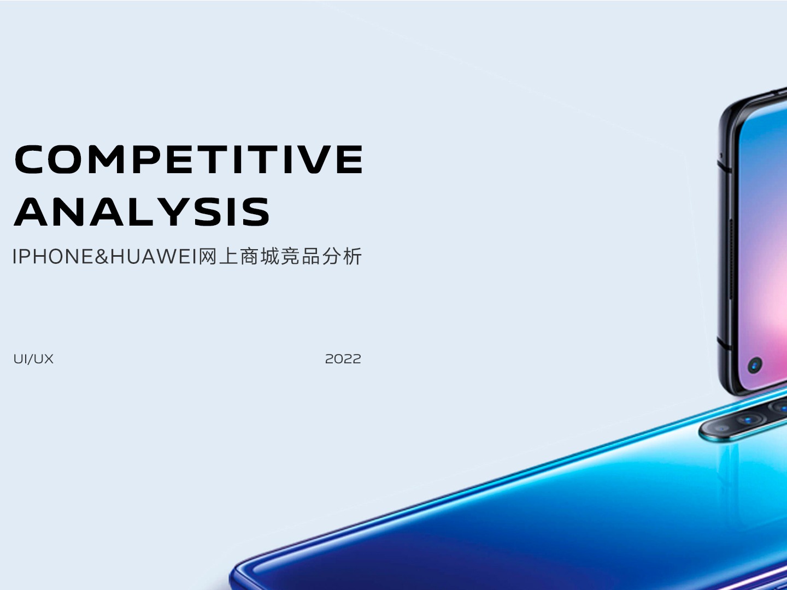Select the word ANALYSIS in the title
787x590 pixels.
(x=142, y=212)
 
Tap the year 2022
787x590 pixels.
(x=343, y=359)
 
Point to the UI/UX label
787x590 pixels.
(x=33, y=359)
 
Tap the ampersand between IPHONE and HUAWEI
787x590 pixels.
(x=102, y=257)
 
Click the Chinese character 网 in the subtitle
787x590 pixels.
(x=208, y=257)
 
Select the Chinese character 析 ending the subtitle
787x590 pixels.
(x=352, y=257)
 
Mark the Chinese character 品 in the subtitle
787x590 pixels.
(x=311, y=257)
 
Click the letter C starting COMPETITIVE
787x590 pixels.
(x=30, y=159)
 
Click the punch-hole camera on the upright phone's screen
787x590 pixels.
(x=755, y=365)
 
